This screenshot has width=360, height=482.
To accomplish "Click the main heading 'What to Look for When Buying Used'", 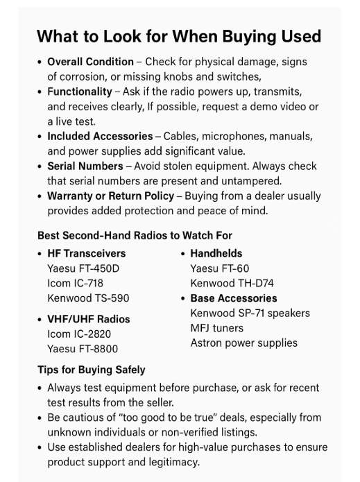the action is [x=179, y=37].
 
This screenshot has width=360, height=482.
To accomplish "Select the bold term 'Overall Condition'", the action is [x=90, y=62].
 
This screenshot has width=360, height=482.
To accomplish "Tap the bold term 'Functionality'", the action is [x=79, y=92].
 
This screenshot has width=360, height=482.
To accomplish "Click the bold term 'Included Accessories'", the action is [x=101, y=137].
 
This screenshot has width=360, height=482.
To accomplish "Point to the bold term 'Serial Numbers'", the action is [x=85, y=166].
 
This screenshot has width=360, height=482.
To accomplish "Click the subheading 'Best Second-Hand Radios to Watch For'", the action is [x=135, y=236].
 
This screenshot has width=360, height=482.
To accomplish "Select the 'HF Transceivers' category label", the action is [x=86, y=254].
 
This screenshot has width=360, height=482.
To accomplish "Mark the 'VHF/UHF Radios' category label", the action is [x=88, y=320].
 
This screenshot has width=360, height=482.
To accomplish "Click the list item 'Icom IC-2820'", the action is [x=79, y=334].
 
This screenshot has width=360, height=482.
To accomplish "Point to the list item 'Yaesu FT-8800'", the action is [x=83, y=350].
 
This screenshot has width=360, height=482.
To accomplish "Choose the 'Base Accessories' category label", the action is [x=233, y=298].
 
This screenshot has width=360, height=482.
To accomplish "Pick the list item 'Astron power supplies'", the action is [x=243, y=343].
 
